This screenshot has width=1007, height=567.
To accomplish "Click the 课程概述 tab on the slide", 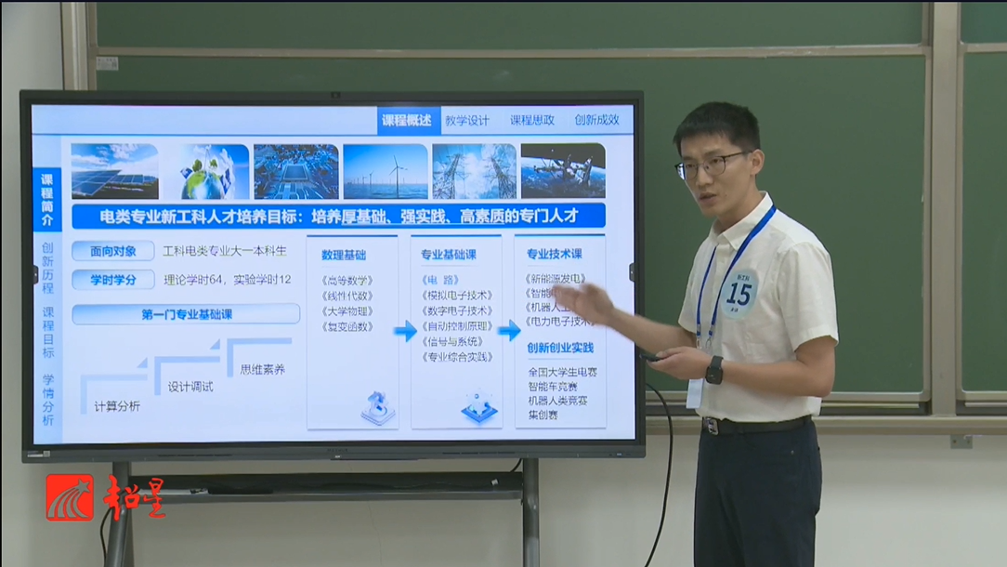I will (x=406, y=120).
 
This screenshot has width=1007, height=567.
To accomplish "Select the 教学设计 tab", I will (x=466, y=120).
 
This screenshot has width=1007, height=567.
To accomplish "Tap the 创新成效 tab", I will (x=596, y=120).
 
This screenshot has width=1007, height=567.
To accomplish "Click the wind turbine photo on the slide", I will (x=385, y=171).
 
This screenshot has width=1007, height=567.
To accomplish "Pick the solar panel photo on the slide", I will (x=114, y=171).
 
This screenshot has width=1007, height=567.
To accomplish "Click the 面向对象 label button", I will (x=112, y=251).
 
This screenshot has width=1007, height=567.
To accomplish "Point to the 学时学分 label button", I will (x=112, y=279).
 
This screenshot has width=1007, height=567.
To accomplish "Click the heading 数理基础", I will (x=344, y=255).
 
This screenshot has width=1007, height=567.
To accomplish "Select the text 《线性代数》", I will (x=347, y=295).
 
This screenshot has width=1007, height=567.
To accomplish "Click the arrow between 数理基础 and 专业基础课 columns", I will (x=405, y=331).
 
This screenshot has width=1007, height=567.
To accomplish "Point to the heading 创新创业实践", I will (x=559, y=349).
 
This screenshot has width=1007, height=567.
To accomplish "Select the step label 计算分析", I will (x=117, y=405).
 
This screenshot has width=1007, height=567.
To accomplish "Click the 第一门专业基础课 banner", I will (x=186, y=314).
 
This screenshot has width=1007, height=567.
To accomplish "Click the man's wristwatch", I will (x=713, y=369).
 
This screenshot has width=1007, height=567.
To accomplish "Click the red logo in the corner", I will (x=71, y=497).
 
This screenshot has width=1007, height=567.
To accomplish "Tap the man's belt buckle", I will (x=711, y=426).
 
